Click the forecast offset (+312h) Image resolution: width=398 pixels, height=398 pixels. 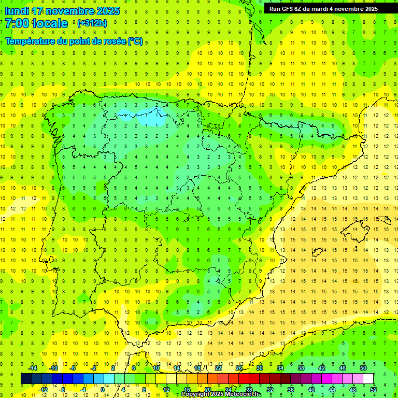coord(92,23)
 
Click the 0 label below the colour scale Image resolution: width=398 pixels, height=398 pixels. coord(103,390)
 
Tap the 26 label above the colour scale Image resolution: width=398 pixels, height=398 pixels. coord(239,368)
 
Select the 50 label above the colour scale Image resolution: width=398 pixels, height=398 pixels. coord(363,368)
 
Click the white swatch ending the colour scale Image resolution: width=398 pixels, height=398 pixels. coord(368,379)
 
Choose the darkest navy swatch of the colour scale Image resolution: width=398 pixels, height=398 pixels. coord(26,379)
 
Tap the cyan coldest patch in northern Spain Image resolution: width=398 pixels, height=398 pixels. coord(147,118)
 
